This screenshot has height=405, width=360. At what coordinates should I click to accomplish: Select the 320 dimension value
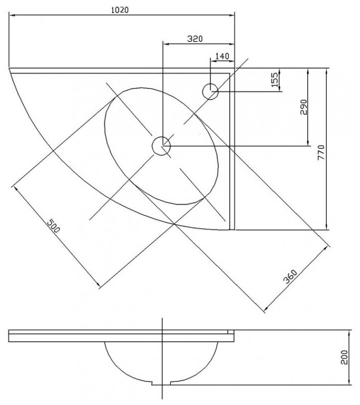click(195, 38)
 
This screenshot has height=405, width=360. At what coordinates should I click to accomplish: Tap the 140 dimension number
click(222, 56)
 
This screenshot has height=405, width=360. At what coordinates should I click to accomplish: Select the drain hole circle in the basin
click(161, 145)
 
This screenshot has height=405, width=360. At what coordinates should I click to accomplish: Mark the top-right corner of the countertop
click(234, 68)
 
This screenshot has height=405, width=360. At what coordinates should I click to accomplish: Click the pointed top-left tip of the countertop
click(9, 68)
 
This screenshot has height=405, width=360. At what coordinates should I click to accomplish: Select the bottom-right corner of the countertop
click(233, 229)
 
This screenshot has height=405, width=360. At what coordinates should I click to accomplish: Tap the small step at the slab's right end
click(230, 330)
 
